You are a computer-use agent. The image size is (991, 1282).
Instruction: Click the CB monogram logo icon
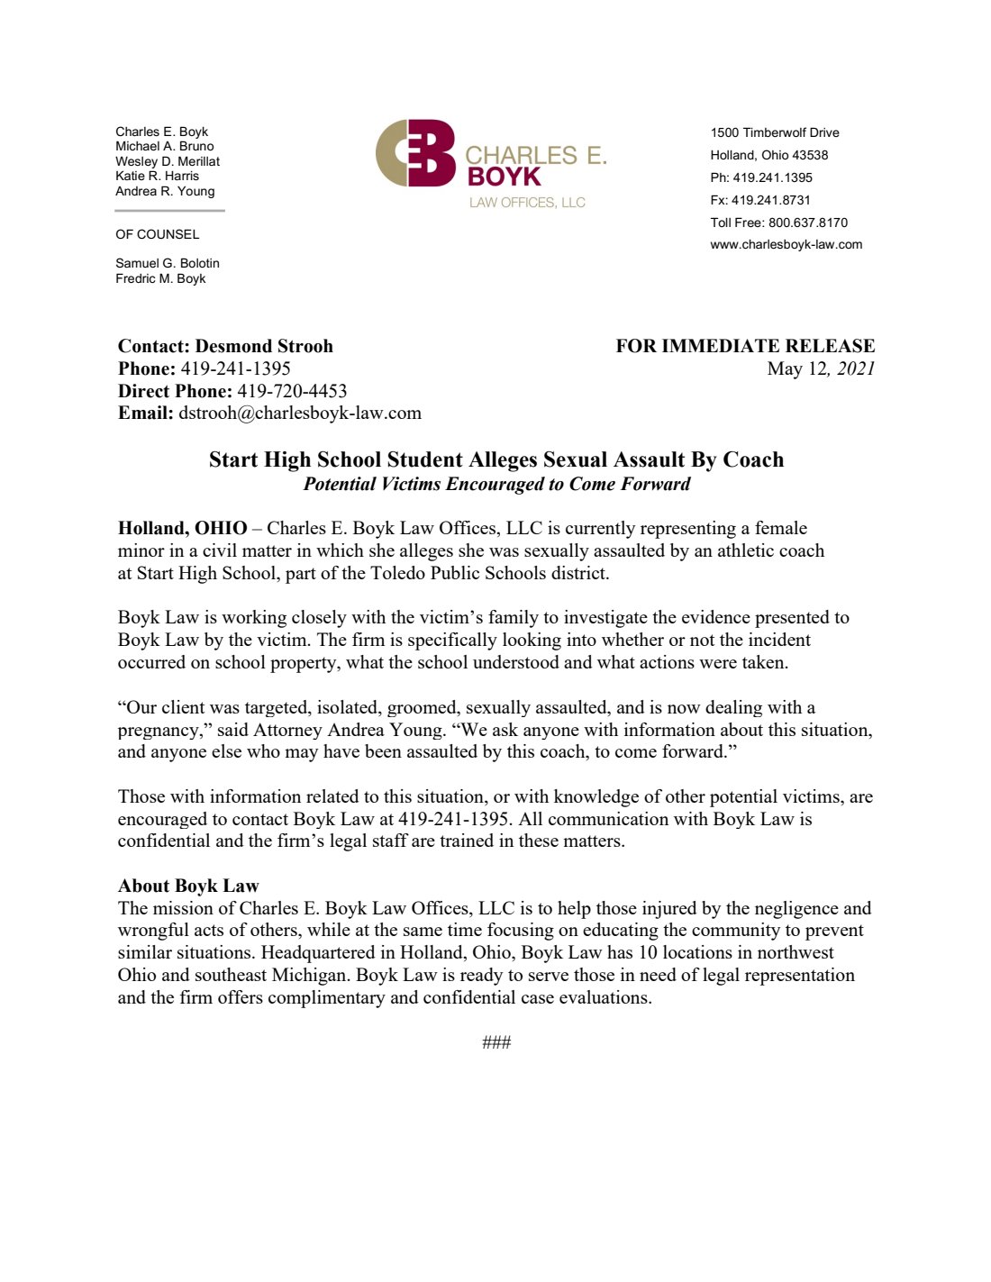pyautogui.click(x=415, y=154)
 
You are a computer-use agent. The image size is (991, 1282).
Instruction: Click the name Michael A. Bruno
pyautogui.click(x=165, y=146)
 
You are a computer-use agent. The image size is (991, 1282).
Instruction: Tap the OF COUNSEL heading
pyautogui.click(x=158, y=234)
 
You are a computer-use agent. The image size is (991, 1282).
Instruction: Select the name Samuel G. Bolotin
pyautogui.click(x=168, y=263)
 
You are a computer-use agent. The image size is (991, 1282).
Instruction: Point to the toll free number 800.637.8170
pyautogui.click(x=807, y=223)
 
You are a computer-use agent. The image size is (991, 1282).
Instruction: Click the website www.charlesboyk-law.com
pyautogui.click(x=786, y=244)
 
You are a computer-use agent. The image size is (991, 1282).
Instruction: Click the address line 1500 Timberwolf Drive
pyautogui.click(x=774, y=132)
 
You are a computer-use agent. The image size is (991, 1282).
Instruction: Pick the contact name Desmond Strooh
pyautogui.click(x=264, y=346)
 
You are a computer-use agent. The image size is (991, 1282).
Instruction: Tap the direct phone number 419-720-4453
pyautogui.click(x=292, y=391)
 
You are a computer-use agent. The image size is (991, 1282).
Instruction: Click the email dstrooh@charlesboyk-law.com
pyautogui.click(x=300, y=414)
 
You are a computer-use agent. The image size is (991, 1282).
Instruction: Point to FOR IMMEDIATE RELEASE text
pyautogui.click(x=745, y=346)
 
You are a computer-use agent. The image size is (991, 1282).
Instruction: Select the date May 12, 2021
pyautogui.click(x=821, y=368)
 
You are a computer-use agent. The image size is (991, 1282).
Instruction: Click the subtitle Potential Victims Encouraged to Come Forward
pyautogui.click(x=496, y=484)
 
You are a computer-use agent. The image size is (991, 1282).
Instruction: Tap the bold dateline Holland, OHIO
pyautogui.click(x=182, y=528)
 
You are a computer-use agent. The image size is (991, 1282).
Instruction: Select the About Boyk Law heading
pyautogui.click(x=188, y=886)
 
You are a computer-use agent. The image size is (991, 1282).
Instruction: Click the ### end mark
pyautogui.click(x=496, y=1042)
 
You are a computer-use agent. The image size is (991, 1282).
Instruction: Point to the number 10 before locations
pyautogui.click(x=648, y=952)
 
